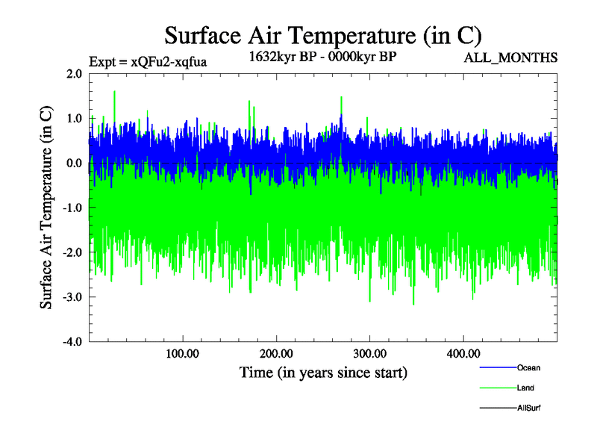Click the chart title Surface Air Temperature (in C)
[x=323, y=35]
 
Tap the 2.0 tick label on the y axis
[x=74, y=73]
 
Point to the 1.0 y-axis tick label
[x=74, y=118]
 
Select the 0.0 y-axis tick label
[x=74, y=163]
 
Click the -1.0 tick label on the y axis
[x=72, y=208]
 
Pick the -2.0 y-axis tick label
[x=72, y=252]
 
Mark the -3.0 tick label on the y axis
[x=72, y=297]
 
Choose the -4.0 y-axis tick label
[x=72, y=342]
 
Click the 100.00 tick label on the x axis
[x=182, y=353]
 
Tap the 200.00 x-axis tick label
[x=276, y=353]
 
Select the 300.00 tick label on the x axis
[x=369, y=353]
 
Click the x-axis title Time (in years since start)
[x=323, y=371]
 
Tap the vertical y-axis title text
[x=46, y=208]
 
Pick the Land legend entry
[x=525, y=388]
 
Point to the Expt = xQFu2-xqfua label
[x=148, y=62]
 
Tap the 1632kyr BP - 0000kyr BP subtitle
[x=322, y=55]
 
